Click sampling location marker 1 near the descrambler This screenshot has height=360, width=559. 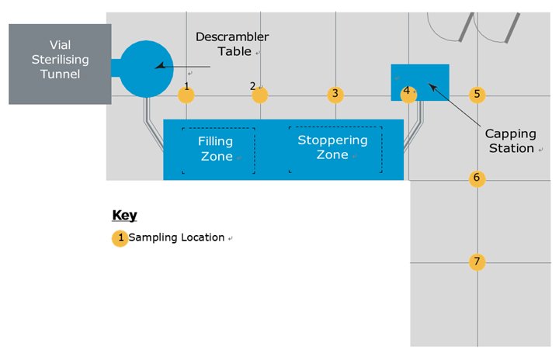186,95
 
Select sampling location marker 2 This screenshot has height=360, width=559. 260,95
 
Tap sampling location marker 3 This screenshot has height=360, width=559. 335,95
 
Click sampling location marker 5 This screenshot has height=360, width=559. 477,95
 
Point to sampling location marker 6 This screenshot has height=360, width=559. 477,178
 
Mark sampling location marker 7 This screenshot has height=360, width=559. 477,261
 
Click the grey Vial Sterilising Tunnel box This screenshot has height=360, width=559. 59,64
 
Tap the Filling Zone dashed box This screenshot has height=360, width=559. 217,150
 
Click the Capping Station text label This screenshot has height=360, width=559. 509,141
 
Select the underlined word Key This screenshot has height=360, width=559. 124,216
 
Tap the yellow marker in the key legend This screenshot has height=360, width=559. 120,238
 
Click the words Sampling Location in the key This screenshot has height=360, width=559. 176,237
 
